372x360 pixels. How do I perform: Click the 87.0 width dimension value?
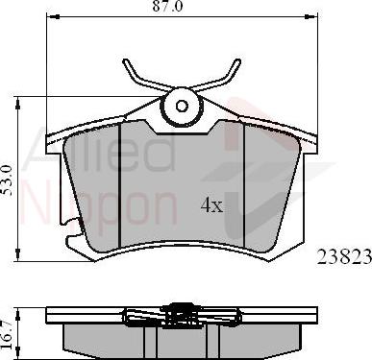coord(167,6)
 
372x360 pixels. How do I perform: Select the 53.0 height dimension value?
coord(7,180)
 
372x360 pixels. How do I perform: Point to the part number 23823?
coord(344,256)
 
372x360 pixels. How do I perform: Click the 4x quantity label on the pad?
coord(211,205)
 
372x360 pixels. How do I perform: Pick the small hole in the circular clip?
coord(182,106)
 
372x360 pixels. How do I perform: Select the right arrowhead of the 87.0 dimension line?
coord(311,16)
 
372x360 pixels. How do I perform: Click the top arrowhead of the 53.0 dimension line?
coord(18,105)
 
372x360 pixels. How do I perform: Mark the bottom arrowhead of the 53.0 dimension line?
coord(18,255)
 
